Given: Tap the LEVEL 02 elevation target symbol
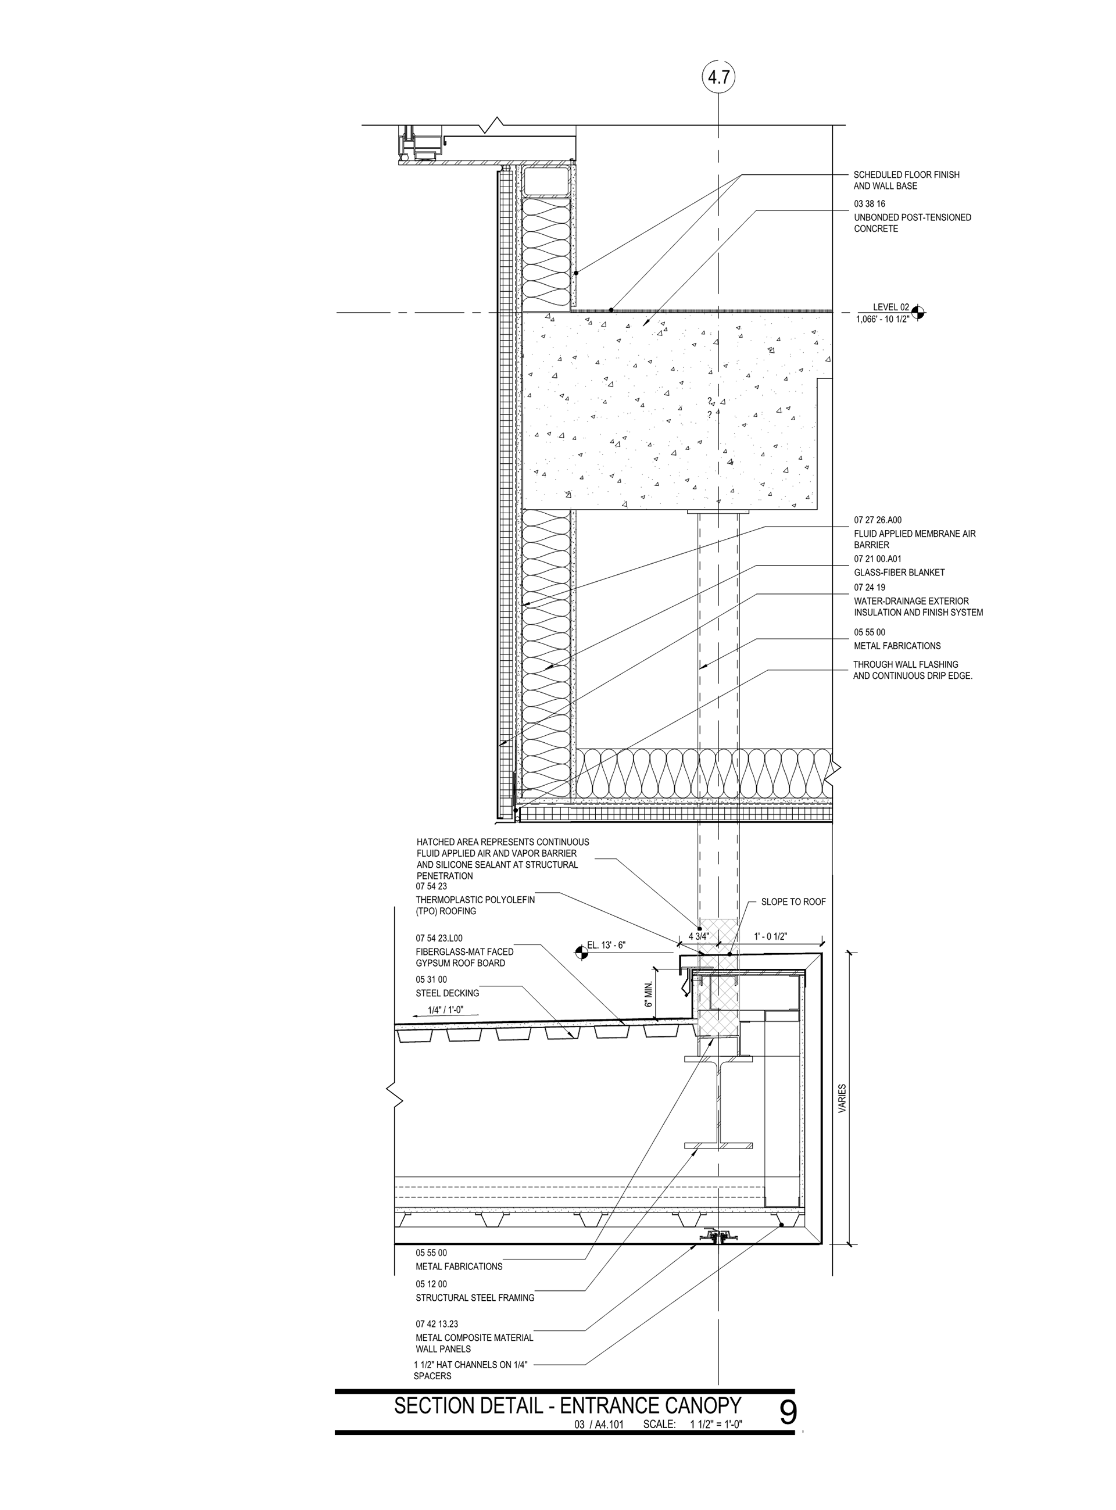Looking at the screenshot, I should (x=917, y=312).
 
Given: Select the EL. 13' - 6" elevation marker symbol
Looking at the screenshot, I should (x=580, y=952).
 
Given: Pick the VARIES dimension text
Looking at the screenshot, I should (x=842, y=1098).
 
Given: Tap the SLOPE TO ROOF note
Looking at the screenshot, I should (x=793, y=901).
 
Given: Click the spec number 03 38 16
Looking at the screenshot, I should (x=870, y=203).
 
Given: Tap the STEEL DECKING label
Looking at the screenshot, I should (x=447, y=993).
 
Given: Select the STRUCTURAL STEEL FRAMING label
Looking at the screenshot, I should (x=475, y=1297).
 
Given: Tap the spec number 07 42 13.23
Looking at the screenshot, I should (x=437, y=1323).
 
